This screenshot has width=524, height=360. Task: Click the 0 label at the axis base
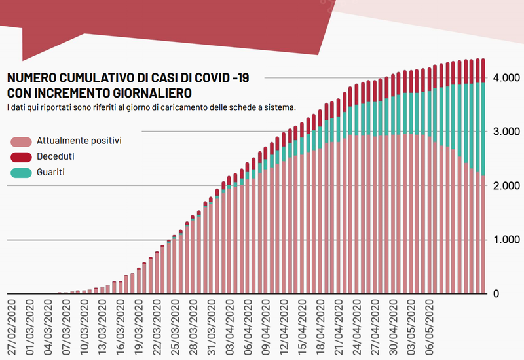point(496,294)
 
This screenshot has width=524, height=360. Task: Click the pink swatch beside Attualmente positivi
point(22,141)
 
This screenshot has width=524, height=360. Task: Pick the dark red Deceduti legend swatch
point(22,157)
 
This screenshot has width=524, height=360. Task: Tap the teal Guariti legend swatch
point(22,173)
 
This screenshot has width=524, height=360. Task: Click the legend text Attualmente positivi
point(79,140)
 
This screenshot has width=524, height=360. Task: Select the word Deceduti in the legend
point(56,156)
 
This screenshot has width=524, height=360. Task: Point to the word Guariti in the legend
point(51,172)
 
